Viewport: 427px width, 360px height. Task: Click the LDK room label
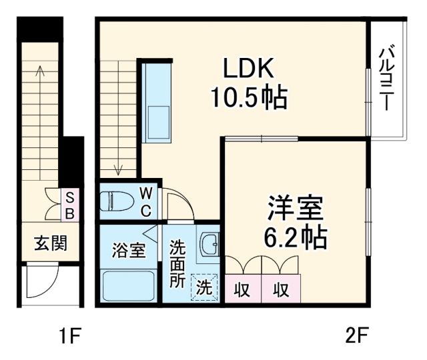[x=248, y=69]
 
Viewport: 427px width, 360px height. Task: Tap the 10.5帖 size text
[x=248, y=99]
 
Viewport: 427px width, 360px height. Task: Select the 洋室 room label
[x=296, y=208]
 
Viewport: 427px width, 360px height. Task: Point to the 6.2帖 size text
[x=296, y=236]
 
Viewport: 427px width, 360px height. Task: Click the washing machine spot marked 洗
[x=204, y=288]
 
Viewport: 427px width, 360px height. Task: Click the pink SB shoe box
[x=69, y=205]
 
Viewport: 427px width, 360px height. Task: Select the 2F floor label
[x=357, y=335]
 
